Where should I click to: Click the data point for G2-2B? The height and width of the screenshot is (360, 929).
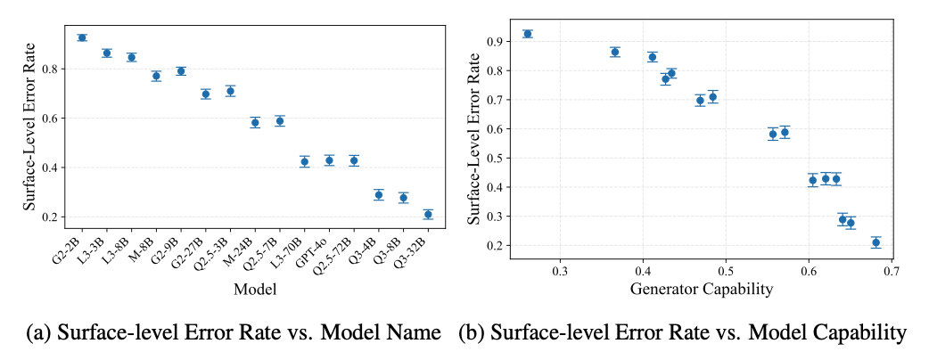point(82,37)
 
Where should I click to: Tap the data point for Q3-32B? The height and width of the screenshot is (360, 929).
point(428,214)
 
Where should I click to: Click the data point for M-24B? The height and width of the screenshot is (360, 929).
point(255,122)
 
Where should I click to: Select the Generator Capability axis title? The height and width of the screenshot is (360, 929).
point(700,288)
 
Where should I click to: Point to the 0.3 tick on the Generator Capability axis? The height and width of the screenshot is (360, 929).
point(560,270)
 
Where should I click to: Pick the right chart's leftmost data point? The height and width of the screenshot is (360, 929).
point(528,34)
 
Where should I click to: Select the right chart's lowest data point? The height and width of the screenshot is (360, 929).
point(876,242)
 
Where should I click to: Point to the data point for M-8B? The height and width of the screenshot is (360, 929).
point(156,76)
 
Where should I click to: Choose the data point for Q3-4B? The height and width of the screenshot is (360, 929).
point(379,194)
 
